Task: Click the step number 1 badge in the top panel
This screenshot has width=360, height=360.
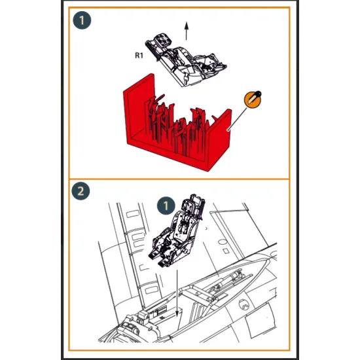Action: click(82, 20)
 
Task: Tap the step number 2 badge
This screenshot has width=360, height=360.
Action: click(81, 191)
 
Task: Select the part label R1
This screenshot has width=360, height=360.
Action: click(139, 56)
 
